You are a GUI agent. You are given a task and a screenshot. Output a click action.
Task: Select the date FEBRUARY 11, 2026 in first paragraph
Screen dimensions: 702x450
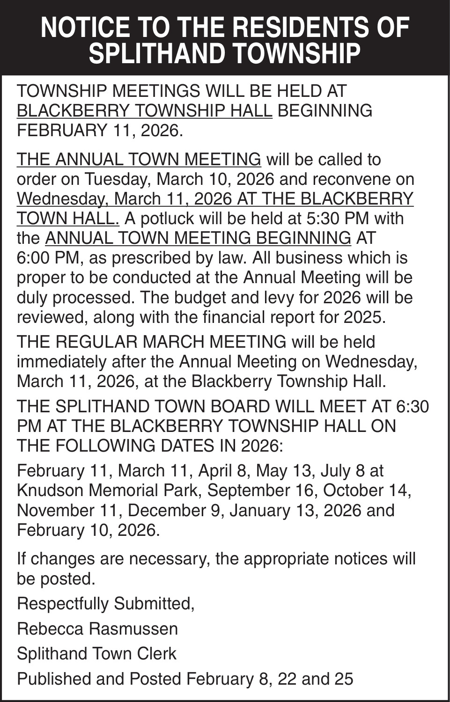tap(99, 130)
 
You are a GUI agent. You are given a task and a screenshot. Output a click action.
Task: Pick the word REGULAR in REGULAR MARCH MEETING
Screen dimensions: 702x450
tap(96, 342)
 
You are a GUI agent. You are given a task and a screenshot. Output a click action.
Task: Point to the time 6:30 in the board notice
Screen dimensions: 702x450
tap(412, 406)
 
